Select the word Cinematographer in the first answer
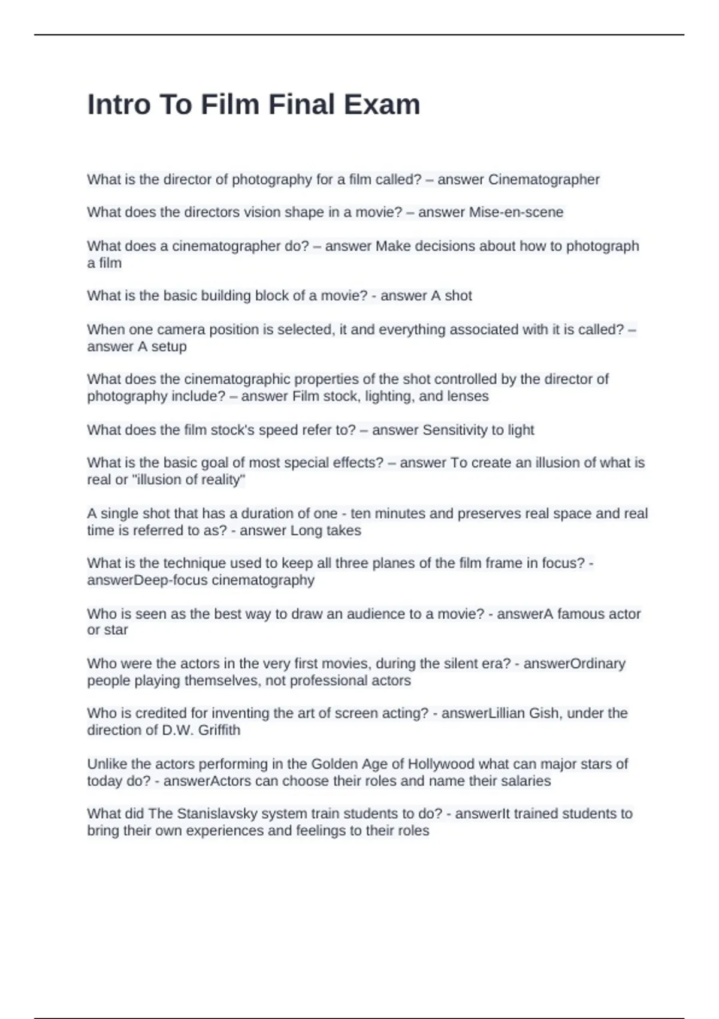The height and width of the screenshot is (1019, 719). (x=544, y=179)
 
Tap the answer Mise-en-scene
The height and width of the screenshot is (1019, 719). (x=516, y=212)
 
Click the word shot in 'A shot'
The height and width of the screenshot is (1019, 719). (x=458, y=296)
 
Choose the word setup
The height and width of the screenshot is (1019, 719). (x=169, y=346)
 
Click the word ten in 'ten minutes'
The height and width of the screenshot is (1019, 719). (x=361, y=513)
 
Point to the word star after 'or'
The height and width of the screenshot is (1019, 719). (x=116, y=630)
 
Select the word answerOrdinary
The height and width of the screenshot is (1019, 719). (x=574, y=664)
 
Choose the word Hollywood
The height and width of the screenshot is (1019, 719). (x=440, y=764)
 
